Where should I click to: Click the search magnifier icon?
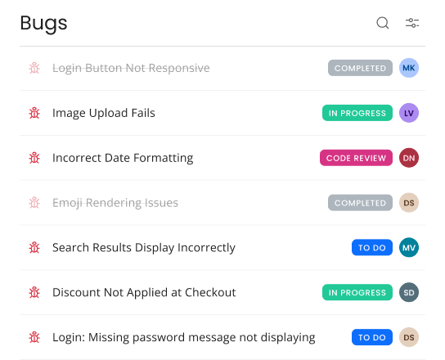click(383, 23)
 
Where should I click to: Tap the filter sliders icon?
click(412, 23)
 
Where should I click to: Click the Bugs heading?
click(43, 23)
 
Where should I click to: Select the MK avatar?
click(409, 68)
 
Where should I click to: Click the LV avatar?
click(409, 113)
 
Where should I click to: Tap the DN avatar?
click(409, 158)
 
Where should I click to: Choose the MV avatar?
click(409, 248)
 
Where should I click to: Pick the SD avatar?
click(409, 292)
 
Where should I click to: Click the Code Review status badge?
click(356, 158)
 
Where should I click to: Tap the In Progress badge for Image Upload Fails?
click(357, 113)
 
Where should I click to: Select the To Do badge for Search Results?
click(372, 248)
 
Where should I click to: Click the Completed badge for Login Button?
click(360, 68)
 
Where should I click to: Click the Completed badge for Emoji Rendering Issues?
click(360, 203)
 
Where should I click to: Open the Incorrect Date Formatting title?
click(123, 158)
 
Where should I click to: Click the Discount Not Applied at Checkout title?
click(144, 293)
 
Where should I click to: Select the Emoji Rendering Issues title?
click(115, 203)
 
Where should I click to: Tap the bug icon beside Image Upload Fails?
click(34, 113)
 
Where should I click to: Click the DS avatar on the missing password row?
click(409, 337)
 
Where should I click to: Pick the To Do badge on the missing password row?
click(372, 337)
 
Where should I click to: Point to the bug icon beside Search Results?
click(34, 248)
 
